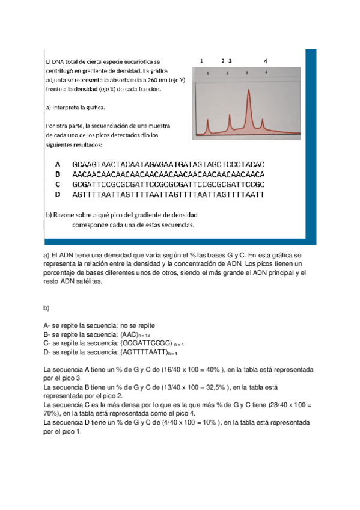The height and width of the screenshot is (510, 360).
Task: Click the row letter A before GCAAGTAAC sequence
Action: (58, 164)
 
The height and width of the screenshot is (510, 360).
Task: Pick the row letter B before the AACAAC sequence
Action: (58, 173)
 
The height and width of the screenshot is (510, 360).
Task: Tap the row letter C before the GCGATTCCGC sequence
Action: (58, 183)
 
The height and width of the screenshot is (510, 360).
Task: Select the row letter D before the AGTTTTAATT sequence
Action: (58, 194)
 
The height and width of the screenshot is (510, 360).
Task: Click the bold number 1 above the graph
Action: (201, 61)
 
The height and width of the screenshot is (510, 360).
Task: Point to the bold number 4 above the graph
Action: (266, 61)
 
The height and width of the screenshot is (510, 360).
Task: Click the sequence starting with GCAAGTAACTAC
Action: (168, 164)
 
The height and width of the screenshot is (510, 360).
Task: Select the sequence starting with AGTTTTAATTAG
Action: (168, 194)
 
